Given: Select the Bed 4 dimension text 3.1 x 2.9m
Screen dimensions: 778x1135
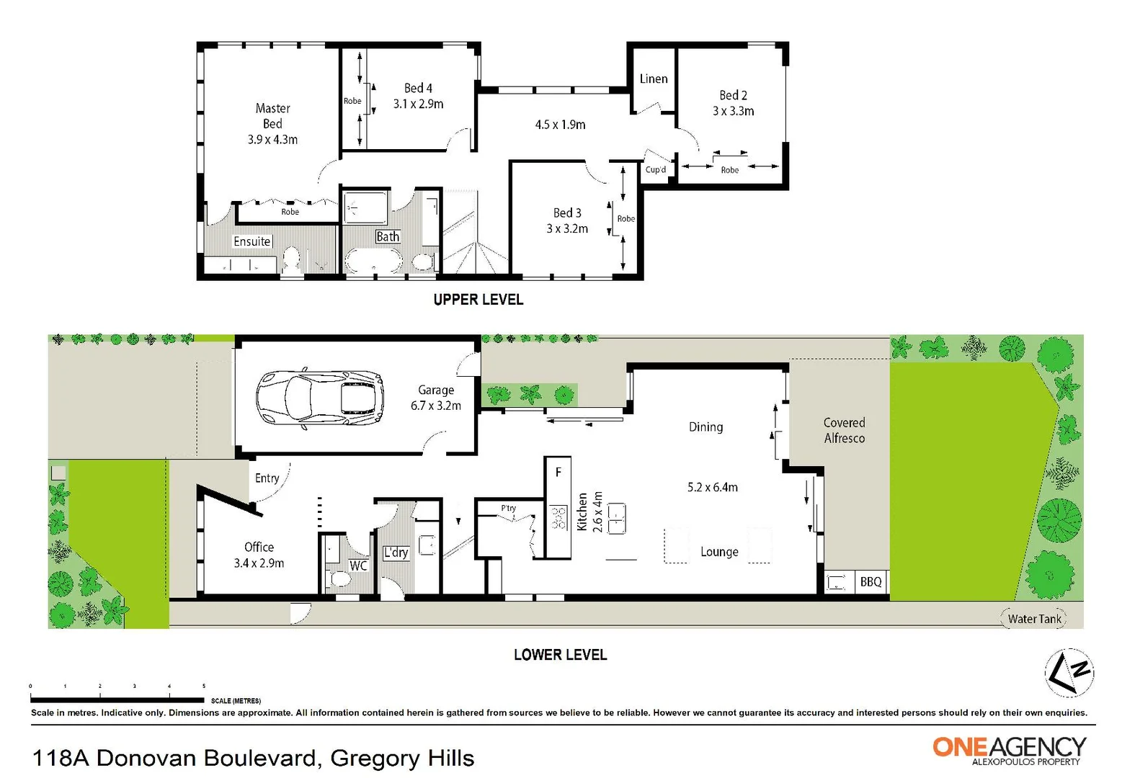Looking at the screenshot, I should pos(418,104).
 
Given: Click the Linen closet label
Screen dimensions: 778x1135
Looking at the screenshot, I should pos(654,79).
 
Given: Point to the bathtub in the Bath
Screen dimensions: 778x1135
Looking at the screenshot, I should pos(373,261).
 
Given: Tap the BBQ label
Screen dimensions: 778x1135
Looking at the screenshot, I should pos(871,581).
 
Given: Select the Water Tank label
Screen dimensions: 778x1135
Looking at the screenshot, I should pos(1034,619).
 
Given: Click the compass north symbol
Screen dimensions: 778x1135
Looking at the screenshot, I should pos(1069,673).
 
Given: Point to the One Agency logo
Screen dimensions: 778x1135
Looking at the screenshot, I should pos(1009,749).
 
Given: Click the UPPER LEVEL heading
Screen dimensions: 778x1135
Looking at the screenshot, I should pos(478,300).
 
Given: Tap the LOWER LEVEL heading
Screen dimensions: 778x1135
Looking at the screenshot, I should pos(560,655).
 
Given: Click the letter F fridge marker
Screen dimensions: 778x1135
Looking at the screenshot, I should pos(558,473).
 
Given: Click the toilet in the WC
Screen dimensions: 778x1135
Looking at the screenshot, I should pos(337,578).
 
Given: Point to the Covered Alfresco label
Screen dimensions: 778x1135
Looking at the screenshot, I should pos(844,430).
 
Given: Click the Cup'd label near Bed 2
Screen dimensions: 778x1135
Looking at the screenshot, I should pos(656,170).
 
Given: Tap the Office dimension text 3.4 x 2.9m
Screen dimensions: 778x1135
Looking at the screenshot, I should pos(259,563).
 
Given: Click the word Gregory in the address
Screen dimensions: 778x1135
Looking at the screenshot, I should pos(375,758).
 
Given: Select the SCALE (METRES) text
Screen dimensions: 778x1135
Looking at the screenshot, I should pos(236,700).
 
